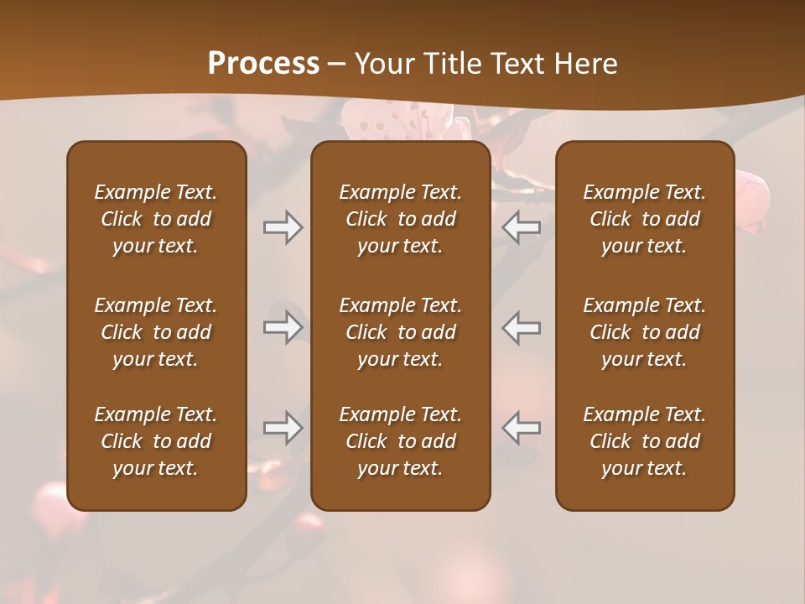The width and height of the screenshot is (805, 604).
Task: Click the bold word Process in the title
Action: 263,63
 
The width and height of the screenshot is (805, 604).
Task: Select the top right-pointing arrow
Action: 283,227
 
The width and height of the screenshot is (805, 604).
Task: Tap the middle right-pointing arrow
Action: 283,327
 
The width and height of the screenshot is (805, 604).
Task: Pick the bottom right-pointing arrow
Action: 283,428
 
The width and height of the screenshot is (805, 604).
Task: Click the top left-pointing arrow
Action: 522,227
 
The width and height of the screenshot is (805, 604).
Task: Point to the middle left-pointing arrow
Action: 522,327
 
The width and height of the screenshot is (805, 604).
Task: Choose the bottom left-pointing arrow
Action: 522,428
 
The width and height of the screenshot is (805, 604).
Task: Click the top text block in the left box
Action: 156,219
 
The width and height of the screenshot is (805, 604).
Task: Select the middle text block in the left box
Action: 156,332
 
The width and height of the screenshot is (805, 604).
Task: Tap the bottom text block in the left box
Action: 156,441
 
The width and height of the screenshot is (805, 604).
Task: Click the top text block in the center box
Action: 401,219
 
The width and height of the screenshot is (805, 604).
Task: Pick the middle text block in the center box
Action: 401,332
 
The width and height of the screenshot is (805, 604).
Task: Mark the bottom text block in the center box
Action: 401,441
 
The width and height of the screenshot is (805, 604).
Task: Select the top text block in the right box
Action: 645,219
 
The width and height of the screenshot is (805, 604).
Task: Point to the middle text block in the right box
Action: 645,332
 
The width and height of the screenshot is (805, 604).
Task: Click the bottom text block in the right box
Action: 645,441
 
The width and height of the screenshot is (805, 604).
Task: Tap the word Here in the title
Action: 586,64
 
